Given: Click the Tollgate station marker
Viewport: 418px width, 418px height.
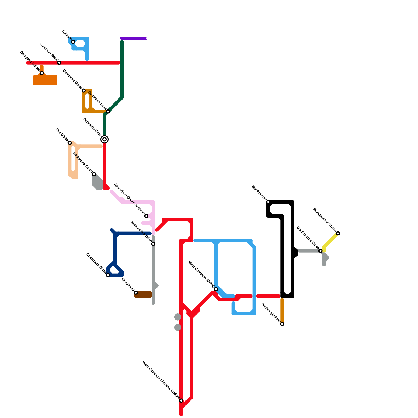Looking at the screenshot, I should click(x=73, y=42).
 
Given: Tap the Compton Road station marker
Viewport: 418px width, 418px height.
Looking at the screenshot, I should click(x=59, y=63).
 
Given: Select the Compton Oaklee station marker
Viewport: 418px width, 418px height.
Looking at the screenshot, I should click(x=42, y=73).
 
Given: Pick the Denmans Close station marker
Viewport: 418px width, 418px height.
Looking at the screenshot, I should click(x=84, y=91).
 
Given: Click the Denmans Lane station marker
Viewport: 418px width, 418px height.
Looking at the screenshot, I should click(x=108, y=112).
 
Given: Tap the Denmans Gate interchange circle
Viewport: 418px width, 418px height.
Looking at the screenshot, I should click(x=104, y=139).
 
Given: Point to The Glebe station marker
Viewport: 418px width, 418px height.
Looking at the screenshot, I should click(x=70, y=143).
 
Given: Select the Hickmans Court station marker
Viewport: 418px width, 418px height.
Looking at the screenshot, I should click(x=94, y=174).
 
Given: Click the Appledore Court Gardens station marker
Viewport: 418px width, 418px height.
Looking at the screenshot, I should click(x=146, y=216).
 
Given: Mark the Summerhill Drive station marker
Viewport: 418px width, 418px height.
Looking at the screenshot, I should click(x=153, y=244).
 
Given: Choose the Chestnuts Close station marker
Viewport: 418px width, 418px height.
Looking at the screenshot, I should click(x=108, y=275).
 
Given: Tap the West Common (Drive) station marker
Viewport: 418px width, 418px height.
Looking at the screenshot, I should click(x=216, y=289).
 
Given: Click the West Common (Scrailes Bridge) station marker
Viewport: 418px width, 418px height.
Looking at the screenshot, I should click(x=181, y=400).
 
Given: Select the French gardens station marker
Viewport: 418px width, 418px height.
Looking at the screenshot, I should click(x=282, y=324).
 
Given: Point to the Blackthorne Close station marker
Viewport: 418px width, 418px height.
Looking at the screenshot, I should click(x=321, y=251).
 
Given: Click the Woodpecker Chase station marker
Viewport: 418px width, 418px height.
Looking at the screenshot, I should click(x=338, y=233).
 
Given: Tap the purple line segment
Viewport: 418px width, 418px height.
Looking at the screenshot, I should click(x=134, y=38).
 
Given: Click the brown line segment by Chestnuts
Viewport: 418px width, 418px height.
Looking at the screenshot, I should click(x=143, y=294).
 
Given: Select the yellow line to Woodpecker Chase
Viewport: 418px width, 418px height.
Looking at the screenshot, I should click(x=331, y=241).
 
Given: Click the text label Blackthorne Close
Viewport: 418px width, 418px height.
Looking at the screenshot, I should click(x=307, y=238).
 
